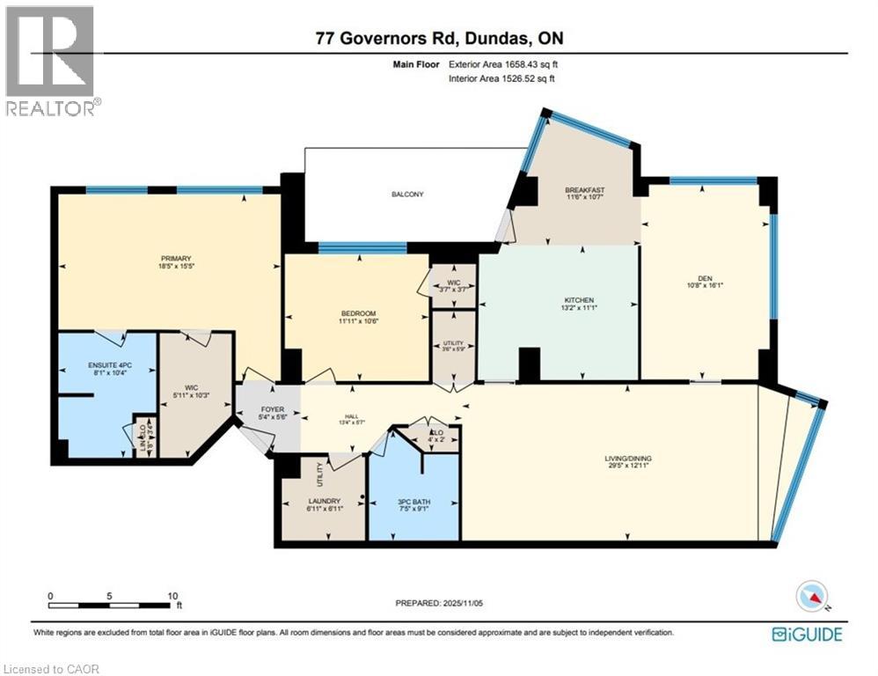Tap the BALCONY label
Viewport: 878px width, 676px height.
click(408, 195)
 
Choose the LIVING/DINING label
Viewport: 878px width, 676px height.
click(627, 459)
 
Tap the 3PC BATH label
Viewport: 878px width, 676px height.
click(414, 502)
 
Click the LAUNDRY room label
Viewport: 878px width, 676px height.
click(325, 501)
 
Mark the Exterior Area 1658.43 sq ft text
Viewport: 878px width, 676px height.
click(502, 64)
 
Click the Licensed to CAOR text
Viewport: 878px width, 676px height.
click(52, 669)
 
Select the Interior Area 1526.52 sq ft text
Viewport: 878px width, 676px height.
click(501, 78)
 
